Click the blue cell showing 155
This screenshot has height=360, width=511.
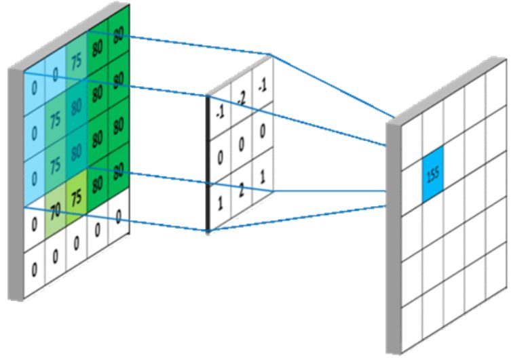click(x=432, y=173)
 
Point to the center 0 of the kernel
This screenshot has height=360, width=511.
click(x=242, y=145)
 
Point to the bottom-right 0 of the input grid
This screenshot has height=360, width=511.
click(x=119, y=216)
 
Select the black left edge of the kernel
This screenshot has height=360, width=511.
click(x=208, y=163)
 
